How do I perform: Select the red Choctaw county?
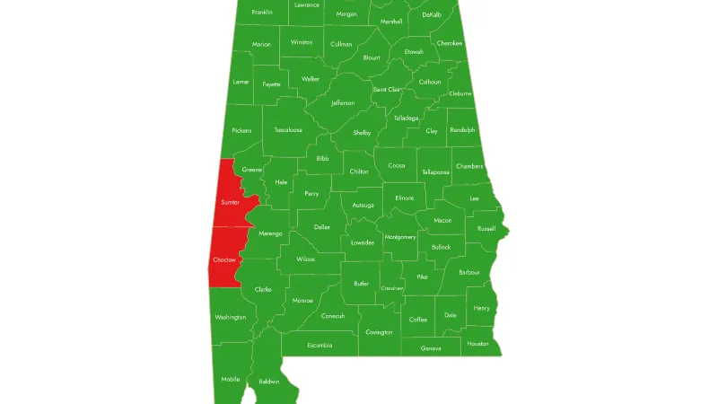[x=223, y=259]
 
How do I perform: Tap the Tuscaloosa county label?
[x=288, y=130]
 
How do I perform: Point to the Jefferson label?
[x=343, y=103]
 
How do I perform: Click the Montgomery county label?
[x=399, y=237]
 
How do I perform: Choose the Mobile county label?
[x=231, y=379]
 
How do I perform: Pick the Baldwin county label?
[x=269, y=382]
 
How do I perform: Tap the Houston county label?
[x=477, y=344]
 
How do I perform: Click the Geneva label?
[x=431, y=348]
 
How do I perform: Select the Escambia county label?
[x=320, y=345]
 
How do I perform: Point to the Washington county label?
[x=230, y=317]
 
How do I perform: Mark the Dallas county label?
[x=321, y=227]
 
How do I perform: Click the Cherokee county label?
[x=450, y=43]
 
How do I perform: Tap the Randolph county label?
[x=463, y=130]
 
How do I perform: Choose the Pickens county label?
[x=241, y=130]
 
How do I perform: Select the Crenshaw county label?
[x=392, y=288]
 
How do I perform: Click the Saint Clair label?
[x=387, y=90]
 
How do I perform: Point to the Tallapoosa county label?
[x=435, y=171]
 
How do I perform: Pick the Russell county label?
[x=486, y=228]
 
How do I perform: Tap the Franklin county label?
[x=262, y=12]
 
